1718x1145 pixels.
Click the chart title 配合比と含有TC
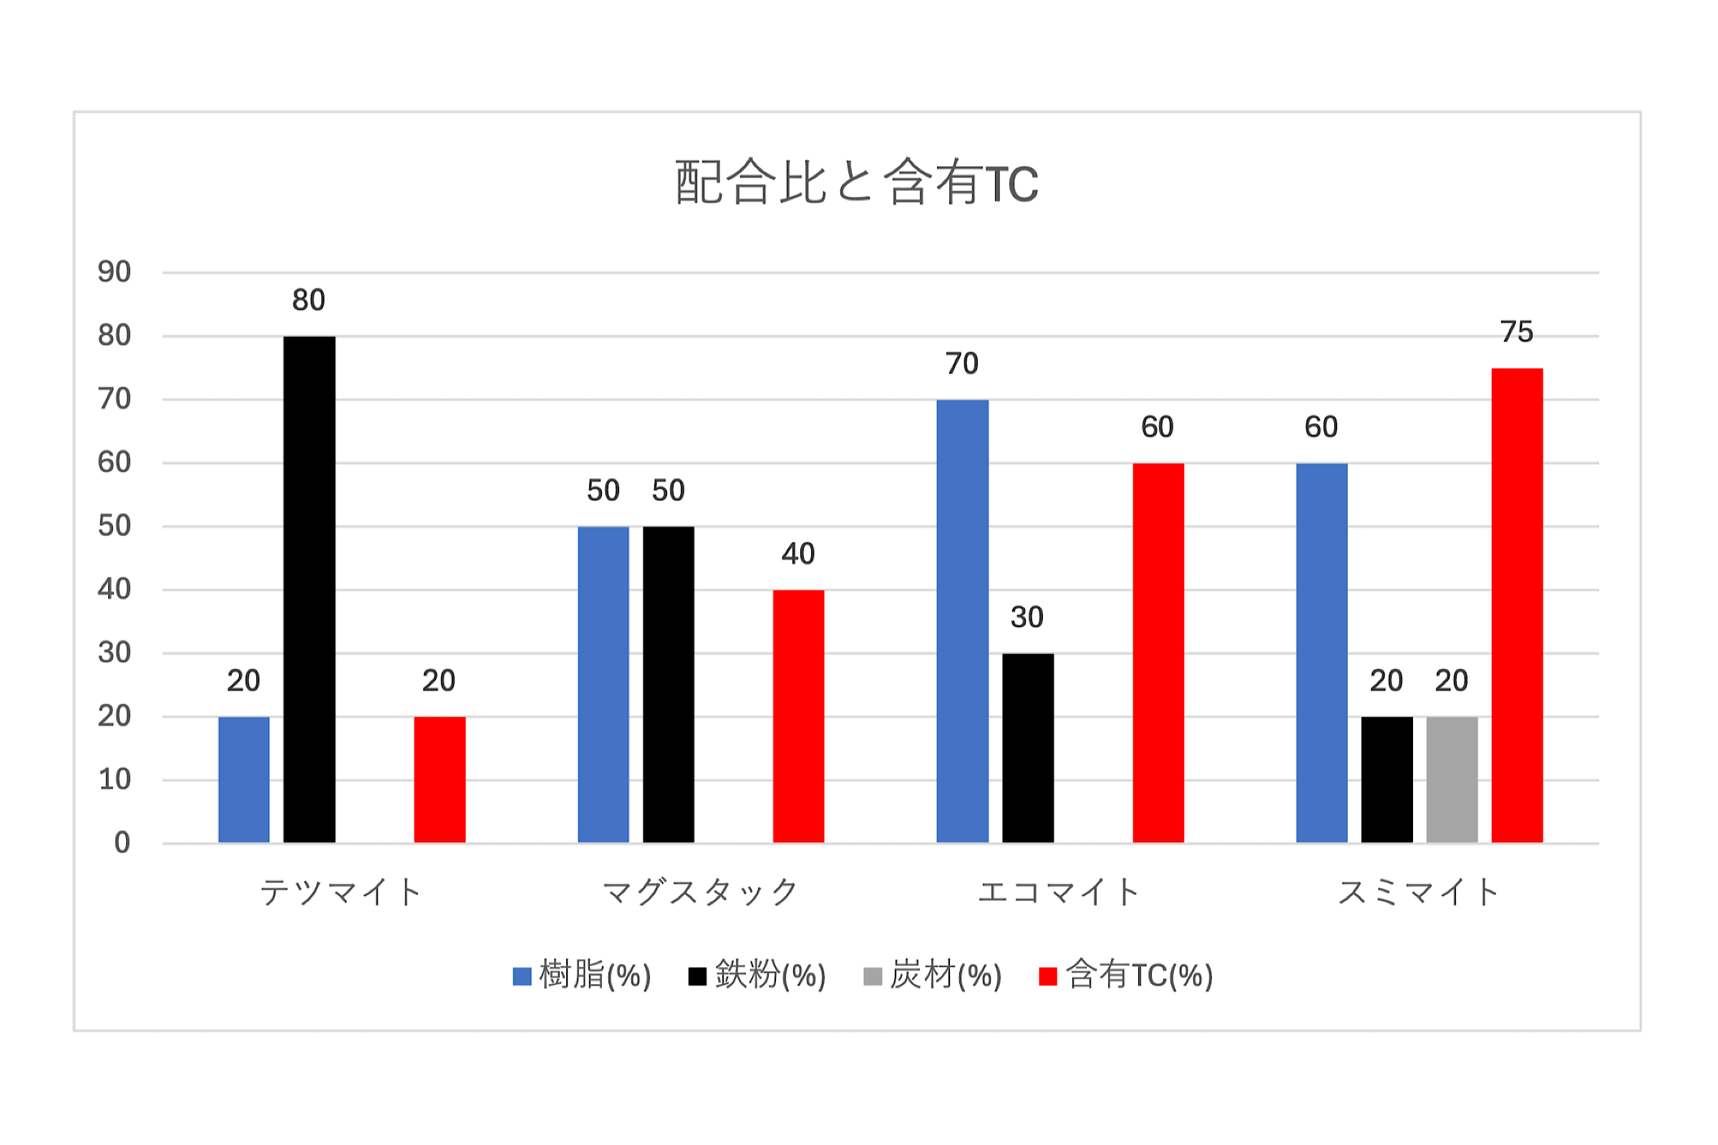click(856, 182)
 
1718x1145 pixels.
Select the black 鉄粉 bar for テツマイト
click(309, 589)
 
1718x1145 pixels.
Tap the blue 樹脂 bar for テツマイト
click(244, 779)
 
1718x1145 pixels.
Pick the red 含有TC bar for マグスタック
click(798, 716)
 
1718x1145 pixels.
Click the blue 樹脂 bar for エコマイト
click(962, 620)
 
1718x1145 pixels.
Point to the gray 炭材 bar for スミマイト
click(1452, 779)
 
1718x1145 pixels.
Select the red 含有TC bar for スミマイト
click(1516, 605)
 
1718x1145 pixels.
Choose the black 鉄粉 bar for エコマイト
click(1028, 748)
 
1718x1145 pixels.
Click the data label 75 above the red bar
click(1516, 332)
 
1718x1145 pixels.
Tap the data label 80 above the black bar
click(309, 300)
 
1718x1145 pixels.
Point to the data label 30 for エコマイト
click(1027, 618)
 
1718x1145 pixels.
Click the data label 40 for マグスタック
click(797, 554)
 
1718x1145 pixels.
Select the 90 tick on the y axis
click(114, 273)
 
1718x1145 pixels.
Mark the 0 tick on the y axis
click(122, 843)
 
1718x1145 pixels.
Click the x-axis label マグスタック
click(700, 892)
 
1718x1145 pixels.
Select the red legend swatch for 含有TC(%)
click(1047, 976)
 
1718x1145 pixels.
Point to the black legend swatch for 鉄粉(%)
click(697, 976)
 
